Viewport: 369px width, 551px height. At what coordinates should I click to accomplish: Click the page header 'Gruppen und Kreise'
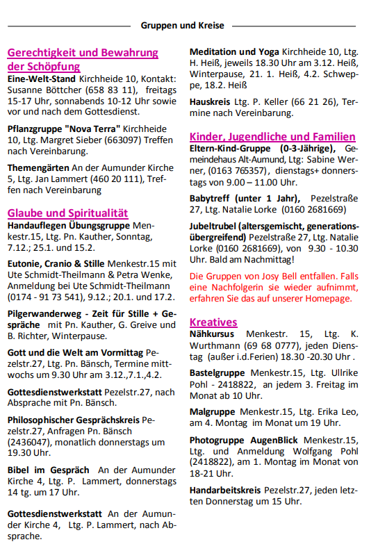tap(182, 26)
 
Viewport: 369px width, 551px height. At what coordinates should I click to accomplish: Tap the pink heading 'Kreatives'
tap(213, 322)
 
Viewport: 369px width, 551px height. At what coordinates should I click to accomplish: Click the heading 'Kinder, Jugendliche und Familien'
tap(272, 137)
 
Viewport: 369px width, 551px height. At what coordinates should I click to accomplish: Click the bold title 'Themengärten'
tap(38, 167)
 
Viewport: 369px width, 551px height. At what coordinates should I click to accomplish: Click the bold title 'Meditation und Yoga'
tap(234, 52)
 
